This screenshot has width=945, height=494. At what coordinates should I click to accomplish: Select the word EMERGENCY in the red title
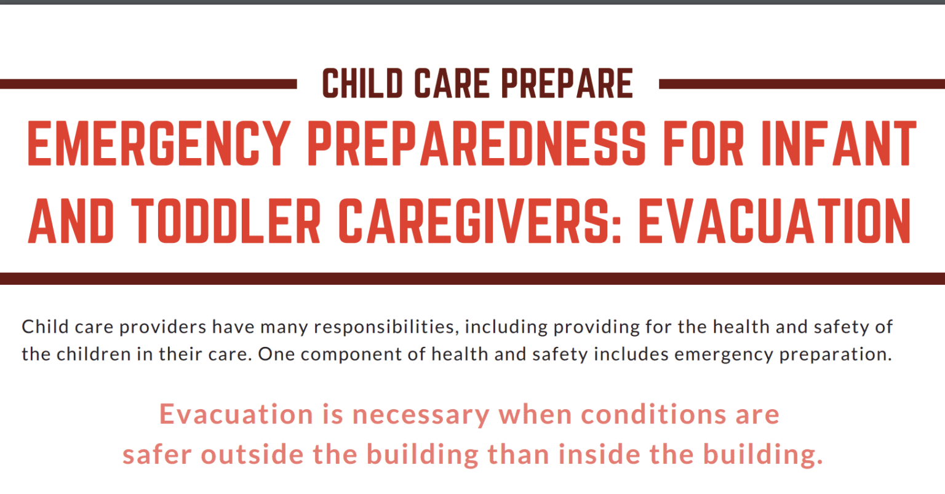tap(159, 145)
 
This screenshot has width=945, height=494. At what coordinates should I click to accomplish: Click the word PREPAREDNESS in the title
tap(477, 145)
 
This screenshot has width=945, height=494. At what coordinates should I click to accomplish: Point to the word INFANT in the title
tap(839, 145)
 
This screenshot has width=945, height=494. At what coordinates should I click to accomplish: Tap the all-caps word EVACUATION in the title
tap(775, 221)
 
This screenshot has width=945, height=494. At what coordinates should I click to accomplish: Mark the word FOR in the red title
tap(705, 145)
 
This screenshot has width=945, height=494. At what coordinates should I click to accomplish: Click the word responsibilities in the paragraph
tap(383, 327)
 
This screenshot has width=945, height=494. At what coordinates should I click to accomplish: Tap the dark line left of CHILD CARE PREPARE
tap(148, 84)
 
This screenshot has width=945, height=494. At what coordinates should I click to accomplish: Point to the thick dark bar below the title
tap(472, 278)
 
